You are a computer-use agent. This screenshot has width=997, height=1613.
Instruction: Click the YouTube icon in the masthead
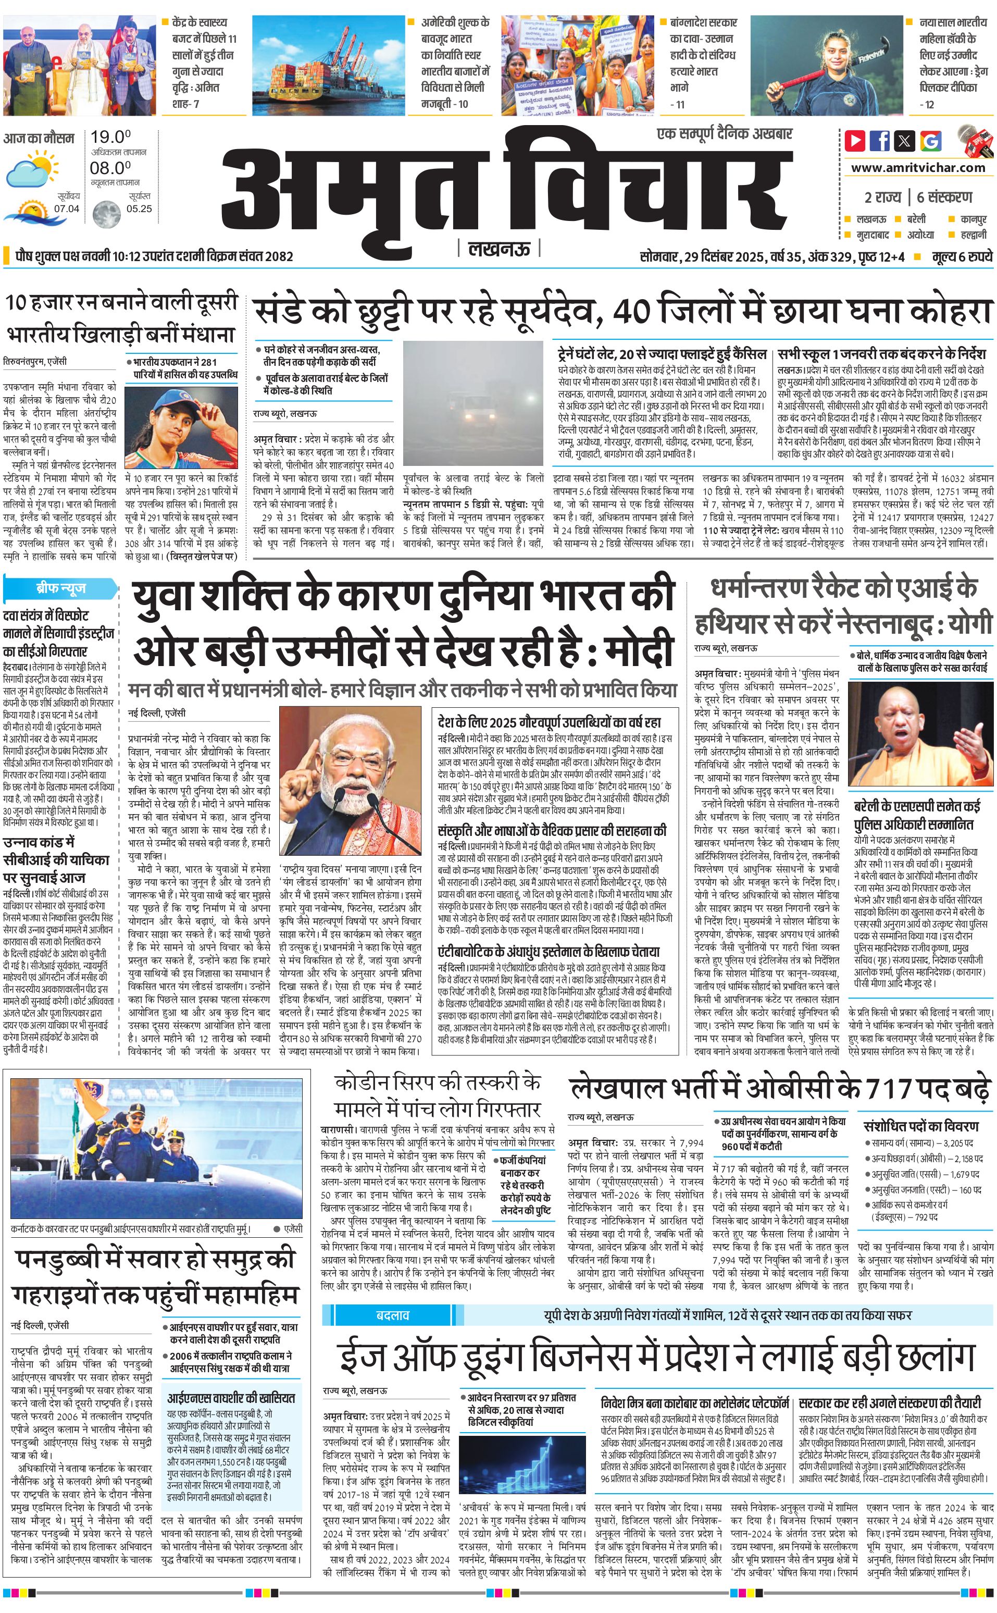click(855, 141)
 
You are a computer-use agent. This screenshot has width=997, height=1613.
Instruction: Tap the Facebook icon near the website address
click(880, 141)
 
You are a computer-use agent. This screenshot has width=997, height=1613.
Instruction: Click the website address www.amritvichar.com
click(918, 168)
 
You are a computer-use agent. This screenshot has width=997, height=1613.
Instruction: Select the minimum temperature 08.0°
click(110, 168)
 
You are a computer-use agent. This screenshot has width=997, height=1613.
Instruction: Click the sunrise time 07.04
click(67, 209)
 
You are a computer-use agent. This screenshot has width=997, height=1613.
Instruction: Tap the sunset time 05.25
click(139, 209)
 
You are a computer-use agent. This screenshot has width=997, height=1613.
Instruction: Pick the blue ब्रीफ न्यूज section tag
click(60, 588)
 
